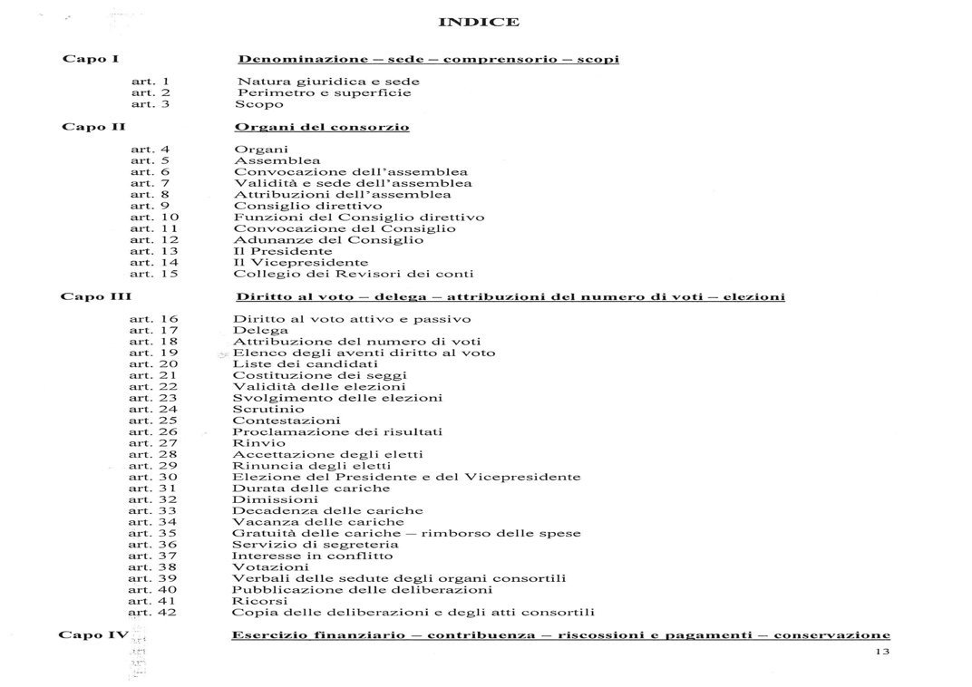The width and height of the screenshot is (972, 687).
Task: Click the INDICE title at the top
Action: point(479,22)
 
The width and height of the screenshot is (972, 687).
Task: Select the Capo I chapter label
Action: point(91,59)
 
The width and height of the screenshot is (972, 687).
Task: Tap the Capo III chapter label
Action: point(96,296)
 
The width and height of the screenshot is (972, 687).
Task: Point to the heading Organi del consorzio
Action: point(322,127)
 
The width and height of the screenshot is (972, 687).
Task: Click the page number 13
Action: point(882,653)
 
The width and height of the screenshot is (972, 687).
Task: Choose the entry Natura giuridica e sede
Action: point(327,82)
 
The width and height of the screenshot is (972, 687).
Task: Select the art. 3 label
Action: point(151,104)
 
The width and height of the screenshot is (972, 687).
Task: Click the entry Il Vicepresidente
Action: point(288,263)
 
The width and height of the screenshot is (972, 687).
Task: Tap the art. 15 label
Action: point(154,274)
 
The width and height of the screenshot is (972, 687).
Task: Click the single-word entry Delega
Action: point(260,331)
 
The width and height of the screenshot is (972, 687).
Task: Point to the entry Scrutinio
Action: point(268,410)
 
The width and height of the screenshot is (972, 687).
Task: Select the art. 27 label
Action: point(153,443)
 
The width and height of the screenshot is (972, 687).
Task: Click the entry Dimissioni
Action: point(275,499)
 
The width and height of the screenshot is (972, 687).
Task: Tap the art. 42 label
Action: point(152,613)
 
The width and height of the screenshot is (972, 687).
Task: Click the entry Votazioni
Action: point(270,567)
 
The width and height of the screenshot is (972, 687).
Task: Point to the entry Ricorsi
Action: point(260,601)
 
